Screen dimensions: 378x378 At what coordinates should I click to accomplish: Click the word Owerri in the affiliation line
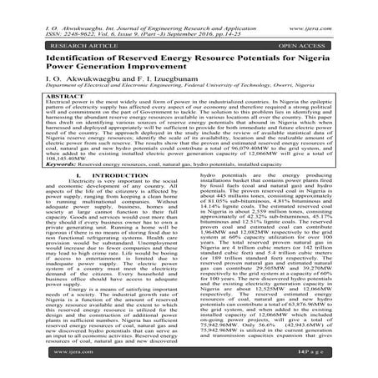pyautogui.click(x=288, y=92)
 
